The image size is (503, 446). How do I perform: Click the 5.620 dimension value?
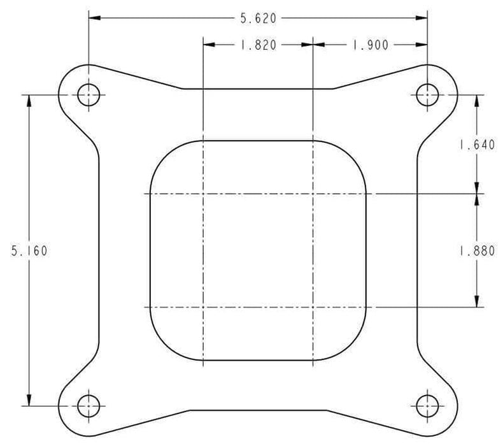coord(257,18)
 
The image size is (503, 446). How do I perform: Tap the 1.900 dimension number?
coord(369,45)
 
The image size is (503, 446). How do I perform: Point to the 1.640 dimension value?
coord(477,145)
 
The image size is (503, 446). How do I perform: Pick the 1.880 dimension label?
coord(477,250)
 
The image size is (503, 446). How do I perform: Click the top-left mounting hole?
coord(89,95)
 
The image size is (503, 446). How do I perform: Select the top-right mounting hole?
coord(427,95)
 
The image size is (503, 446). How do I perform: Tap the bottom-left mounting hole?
coord(89,405)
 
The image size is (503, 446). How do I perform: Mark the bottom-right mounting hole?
coord(427,405)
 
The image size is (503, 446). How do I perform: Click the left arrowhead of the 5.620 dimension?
coord(93,18)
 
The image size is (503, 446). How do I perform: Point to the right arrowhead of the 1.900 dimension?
coord(422,45)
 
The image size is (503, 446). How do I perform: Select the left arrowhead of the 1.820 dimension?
coord(207,45)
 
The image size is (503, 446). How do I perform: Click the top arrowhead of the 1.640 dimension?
coord(477,99)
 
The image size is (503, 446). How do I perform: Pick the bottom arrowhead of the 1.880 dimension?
coord(477,303)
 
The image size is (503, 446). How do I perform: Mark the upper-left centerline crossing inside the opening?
coord(202,193)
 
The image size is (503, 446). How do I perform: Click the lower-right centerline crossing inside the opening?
coord(312,308)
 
